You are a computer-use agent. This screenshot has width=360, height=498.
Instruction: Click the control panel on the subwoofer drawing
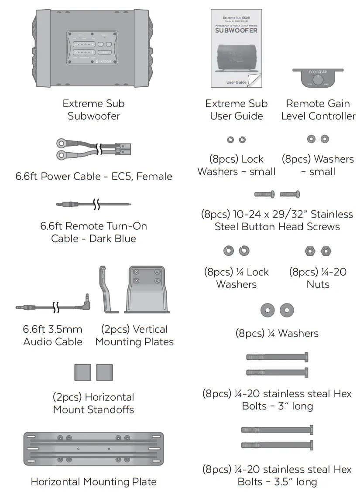click(93, 48)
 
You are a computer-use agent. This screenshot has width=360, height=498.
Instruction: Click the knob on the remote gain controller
click(318, 80)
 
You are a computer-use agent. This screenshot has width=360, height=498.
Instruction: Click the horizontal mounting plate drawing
click(93, 448)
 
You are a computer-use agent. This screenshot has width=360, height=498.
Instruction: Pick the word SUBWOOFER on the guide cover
click(236, 31)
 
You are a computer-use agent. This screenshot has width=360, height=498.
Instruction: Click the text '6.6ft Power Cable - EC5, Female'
click(93, 177)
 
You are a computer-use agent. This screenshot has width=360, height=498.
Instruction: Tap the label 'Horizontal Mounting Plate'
click(93, 482)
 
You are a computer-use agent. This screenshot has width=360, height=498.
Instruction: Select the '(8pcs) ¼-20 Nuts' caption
click(318, 278)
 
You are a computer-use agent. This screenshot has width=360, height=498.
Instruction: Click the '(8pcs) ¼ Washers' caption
click(277, 334)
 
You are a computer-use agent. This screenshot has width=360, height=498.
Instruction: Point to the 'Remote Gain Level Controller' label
click(318, 110)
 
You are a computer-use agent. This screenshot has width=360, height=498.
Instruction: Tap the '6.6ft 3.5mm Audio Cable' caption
click(53, 335)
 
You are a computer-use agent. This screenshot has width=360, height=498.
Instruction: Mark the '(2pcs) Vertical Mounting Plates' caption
click(134, 335)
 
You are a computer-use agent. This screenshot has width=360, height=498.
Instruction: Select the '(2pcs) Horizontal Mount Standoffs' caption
click(93, 403)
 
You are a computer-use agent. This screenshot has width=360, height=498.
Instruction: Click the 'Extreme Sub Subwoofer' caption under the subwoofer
click(93, 110)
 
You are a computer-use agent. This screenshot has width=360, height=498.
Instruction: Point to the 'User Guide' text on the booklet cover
click(237, 82)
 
